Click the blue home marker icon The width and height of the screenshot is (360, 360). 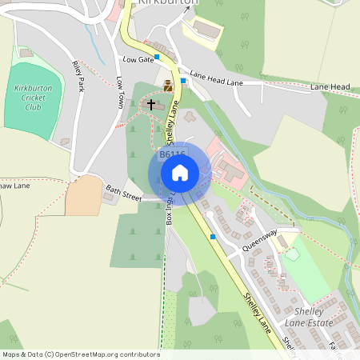180,172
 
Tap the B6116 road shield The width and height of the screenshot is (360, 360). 172,154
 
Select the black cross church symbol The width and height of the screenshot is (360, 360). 151,104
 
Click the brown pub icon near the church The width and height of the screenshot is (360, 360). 168,86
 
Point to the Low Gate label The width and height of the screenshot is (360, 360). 138,60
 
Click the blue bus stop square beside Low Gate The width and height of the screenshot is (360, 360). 158,57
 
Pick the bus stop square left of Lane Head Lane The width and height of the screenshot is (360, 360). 183,80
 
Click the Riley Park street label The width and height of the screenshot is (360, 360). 78,77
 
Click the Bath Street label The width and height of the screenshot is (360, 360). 123,192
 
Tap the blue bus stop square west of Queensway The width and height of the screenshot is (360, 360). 213,237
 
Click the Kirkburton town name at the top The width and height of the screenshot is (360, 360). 168,3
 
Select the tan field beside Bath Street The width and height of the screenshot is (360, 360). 83,196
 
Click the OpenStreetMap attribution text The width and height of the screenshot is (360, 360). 81,354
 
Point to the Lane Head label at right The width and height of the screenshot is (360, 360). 330,86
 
